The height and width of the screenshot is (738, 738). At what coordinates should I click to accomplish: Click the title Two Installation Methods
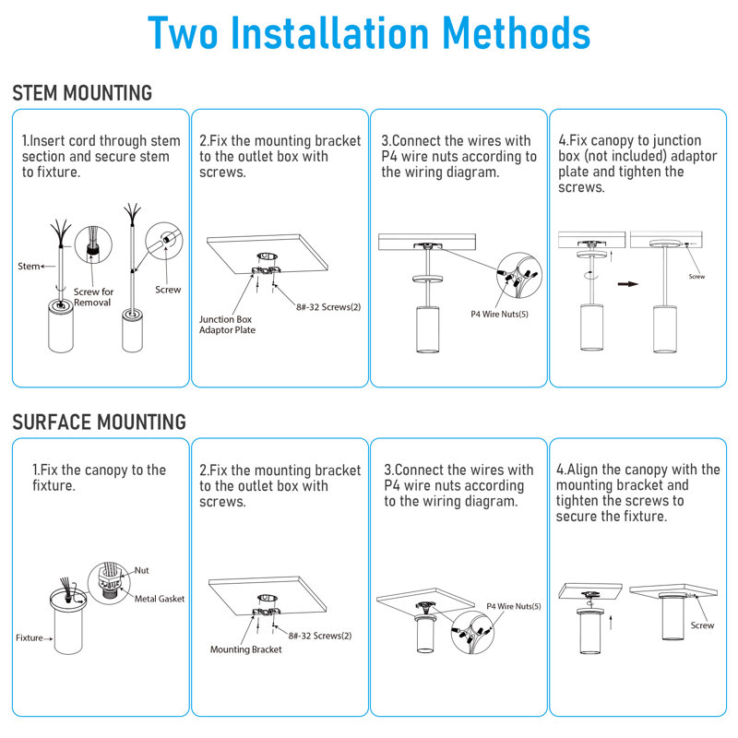(369, 33)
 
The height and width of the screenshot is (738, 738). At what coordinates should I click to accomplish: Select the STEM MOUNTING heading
(82, 93)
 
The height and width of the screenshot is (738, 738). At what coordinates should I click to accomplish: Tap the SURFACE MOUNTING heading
(100, 422)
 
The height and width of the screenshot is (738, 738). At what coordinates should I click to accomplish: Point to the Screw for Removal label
(94, 297)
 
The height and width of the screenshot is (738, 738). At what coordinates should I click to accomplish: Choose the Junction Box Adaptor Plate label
(227, 325)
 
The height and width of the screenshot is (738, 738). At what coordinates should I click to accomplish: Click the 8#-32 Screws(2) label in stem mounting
(328, 307)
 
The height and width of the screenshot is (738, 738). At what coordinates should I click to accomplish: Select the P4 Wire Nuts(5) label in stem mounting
(499, 314)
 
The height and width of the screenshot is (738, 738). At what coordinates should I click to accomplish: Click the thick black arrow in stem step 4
(628, 284)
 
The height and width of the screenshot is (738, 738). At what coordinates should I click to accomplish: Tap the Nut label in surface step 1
(142, 570)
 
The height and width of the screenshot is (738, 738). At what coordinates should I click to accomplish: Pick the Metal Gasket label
(160, 599)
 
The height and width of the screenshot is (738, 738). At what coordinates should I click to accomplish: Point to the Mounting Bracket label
(246, 649)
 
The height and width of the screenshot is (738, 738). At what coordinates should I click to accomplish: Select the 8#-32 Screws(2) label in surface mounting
(320, 636)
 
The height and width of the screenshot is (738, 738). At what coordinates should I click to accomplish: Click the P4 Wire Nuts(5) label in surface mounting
(514, 606)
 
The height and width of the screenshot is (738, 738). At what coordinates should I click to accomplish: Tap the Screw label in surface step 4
(702, 625)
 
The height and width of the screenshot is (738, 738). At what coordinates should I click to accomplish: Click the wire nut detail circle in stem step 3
(519, 275)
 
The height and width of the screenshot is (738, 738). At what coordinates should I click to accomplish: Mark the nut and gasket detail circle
(109, 583)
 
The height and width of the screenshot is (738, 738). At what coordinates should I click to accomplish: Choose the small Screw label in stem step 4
(696, 276)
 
